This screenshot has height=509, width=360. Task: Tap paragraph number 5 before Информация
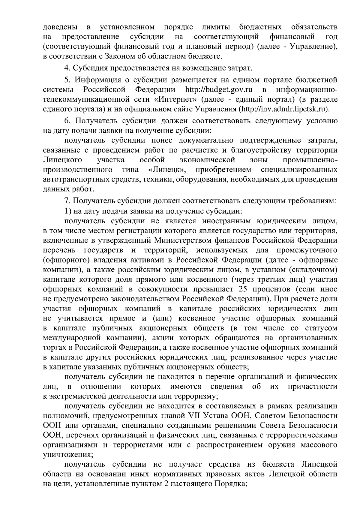[67, 80]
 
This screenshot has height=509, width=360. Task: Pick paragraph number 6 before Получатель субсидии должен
[67, 121]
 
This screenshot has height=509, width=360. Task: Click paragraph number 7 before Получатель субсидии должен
[66, 201]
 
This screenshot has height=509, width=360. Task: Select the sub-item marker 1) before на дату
[67, 211]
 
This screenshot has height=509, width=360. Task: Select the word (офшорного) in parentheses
[64, 260]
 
